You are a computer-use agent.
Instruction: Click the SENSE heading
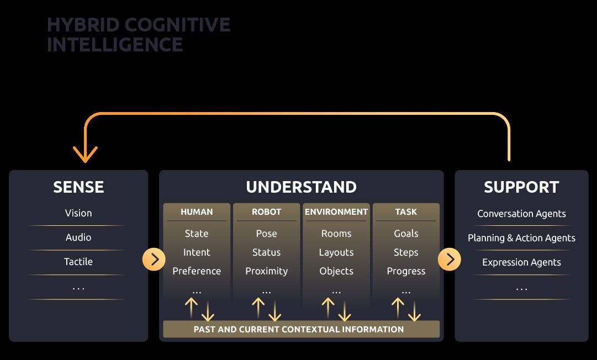pos(78,187)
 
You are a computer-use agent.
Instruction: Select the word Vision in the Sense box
pos(78,213)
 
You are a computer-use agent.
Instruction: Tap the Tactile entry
pos(78,261)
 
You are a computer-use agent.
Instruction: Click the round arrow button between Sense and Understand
pos(154,259)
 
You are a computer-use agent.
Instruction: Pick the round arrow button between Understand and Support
pos(450,259)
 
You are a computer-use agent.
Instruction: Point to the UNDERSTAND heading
pos(301,187)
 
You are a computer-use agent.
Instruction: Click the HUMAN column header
pos(197,211)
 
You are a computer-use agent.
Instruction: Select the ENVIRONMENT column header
pos(336,211)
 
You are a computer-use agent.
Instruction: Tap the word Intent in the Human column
pos(197,252)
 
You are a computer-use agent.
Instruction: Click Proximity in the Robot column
pos(267,271)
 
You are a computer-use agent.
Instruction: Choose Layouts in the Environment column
pos(336,252)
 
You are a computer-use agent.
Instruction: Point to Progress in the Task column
pos(406,271)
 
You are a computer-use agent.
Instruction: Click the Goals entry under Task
pos(406,233)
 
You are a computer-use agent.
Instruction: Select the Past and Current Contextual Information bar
pos(301,329)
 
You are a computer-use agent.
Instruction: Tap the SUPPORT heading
pos(521,187)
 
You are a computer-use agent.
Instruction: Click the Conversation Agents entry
pos(521,214)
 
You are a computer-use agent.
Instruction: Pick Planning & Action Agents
pos(521,238)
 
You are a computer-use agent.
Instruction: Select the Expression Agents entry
pos(521,263)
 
